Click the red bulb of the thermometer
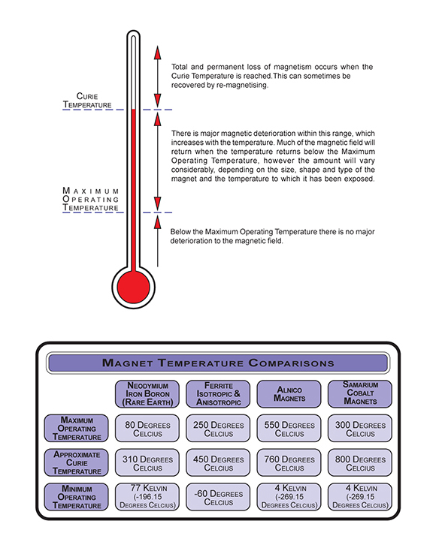coord(133,287)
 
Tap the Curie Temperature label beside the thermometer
coord(87,101)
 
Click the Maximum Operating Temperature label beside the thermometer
coord(91,199)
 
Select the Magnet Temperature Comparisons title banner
coord(218,363)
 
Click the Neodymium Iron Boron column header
coord(147,394)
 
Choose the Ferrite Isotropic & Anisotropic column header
coord(218,394)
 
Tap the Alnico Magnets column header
coord(289,394)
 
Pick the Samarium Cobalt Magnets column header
coord(360,394)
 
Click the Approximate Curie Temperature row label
coord(76,462)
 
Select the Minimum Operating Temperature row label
coord(76,497)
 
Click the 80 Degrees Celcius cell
coord(147,429)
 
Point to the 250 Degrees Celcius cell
coord(218,429)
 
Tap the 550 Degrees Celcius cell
coord(289,429)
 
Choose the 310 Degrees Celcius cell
coord(147,462)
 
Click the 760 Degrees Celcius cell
coord(289,462)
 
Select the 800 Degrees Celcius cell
coord(360,462)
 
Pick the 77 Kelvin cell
coord(147,497)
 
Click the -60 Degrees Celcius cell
coord(218,497)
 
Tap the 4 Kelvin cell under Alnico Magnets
coord(289,497)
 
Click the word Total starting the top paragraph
coord(180,67)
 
